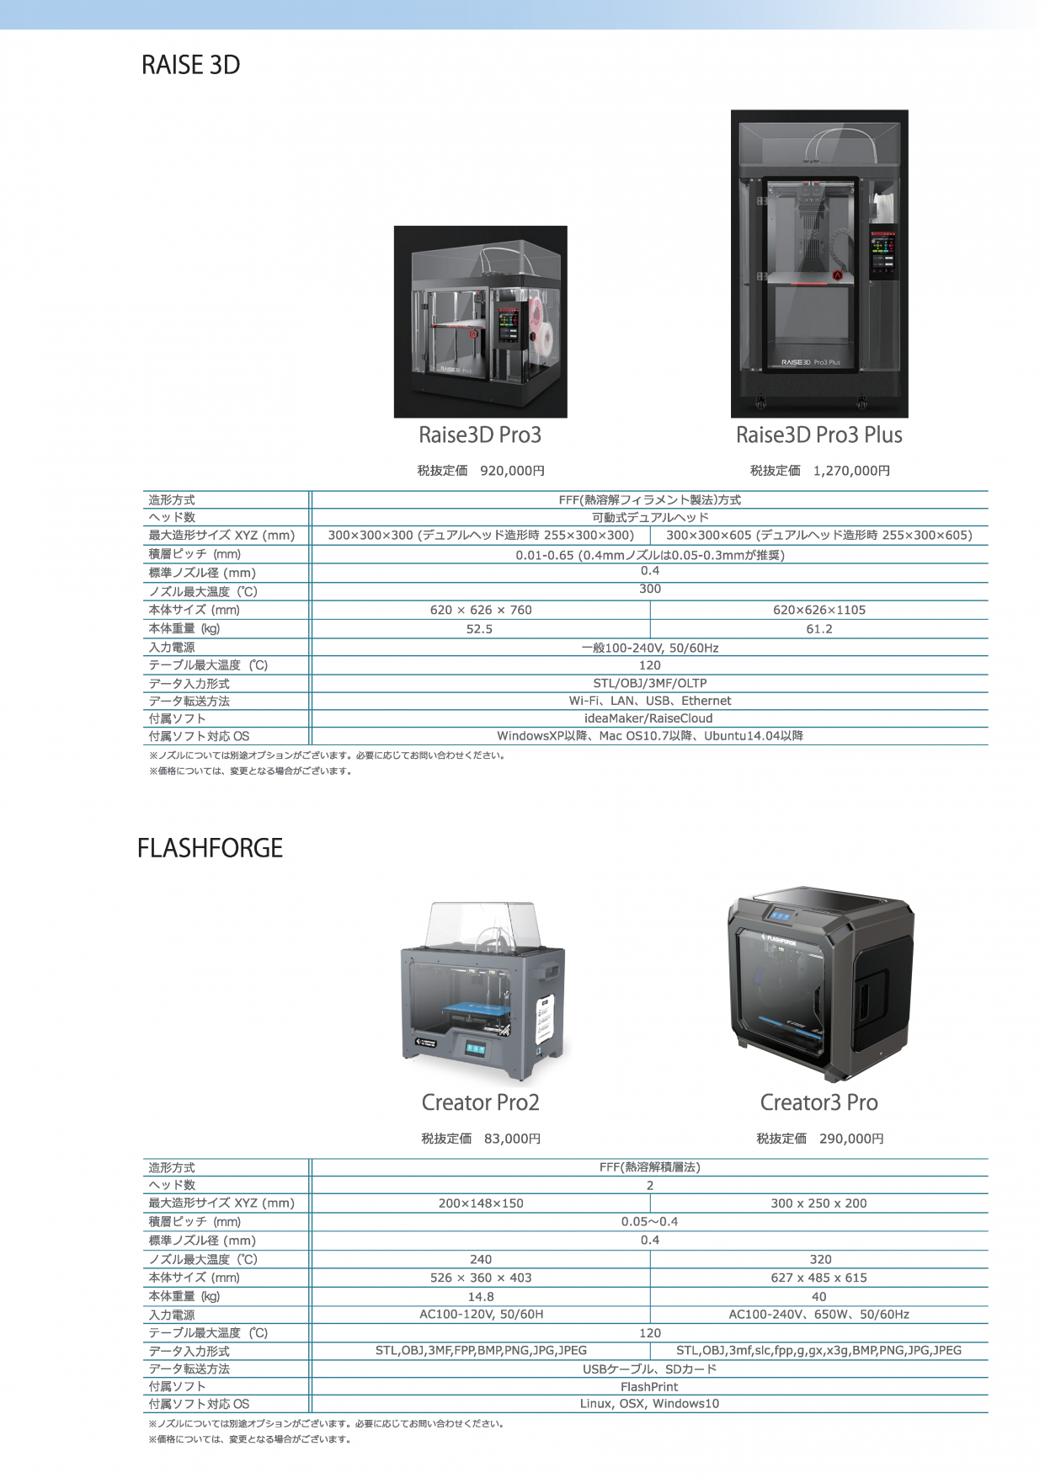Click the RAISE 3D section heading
tap(190, 65)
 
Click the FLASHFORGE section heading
tap(210, 848)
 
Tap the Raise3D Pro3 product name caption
tap(480, 435)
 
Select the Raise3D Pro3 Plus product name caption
tap(819, 435)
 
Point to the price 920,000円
tap(512, 471)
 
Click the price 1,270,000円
tap(851, 471)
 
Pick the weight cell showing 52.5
tap(479, 629)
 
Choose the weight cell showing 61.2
tap(819, 629)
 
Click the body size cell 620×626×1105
tap(819, 610)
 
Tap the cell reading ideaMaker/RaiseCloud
tap(648, 718)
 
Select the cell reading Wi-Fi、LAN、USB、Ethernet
tap(650, 701)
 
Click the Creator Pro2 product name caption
tap(480, 1102)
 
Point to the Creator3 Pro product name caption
tap(819, 1102)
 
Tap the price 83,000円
tap(512, 1139)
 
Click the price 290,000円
tap(851, 1139)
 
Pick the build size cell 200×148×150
tap(481, 1203)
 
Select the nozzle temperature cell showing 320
tap(820, 1260)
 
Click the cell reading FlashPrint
tap(649, 1387)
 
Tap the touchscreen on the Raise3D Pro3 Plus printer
tap(882, 250)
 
